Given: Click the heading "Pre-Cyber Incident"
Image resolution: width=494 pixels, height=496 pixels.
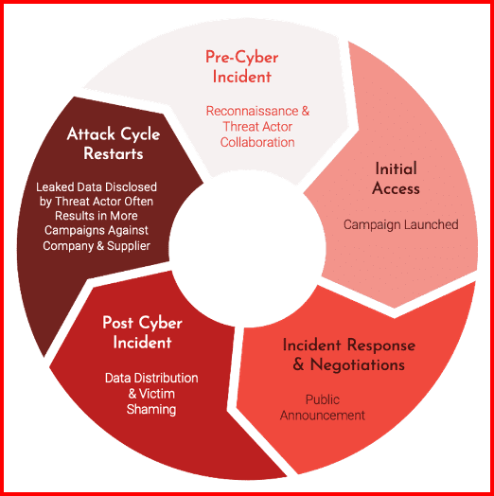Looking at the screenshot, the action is coord(242,67).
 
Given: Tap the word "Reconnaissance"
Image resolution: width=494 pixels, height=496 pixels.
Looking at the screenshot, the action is coord(252,111).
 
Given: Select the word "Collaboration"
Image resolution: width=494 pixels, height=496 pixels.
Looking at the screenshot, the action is coord(257,142).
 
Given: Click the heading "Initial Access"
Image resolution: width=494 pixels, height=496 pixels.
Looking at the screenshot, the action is coord(396,178).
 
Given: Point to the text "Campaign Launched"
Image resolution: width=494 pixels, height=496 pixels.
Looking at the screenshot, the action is coord(400,224).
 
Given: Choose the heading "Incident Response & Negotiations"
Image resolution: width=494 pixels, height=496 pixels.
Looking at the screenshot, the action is coord(349,355).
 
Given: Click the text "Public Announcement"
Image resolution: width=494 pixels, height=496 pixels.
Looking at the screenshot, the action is coord(323,407).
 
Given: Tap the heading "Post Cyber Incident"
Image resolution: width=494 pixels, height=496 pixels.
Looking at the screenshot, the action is coord(142,332).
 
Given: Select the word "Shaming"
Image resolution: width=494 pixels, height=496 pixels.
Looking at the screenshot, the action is coord(151,409).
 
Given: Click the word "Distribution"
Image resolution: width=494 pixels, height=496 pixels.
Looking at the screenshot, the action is coord(165,378).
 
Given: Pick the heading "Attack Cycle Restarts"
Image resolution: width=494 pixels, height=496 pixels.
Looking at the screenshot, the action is coord(114,144).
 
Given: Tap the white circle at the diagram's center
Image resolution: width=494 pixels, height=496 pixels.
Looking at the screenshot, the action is coord(247,249).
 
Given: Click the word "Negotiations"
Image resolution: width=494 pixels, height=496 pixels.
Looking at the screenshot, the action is coord(358,364).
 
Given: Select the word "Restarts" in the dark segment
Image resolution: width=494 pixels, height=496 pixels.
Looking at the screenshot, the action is coord(114,153).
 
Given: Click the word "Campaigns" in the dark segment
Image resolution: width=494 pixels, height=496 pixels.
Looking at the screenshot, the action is coord(71,231).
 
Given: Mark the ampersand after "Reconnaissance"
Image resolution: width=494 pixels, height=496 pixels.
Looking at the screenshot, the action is coord(305,111).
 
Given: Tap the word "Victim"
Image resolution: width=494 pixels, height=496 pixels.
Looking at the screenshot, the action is coord(157,394).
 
